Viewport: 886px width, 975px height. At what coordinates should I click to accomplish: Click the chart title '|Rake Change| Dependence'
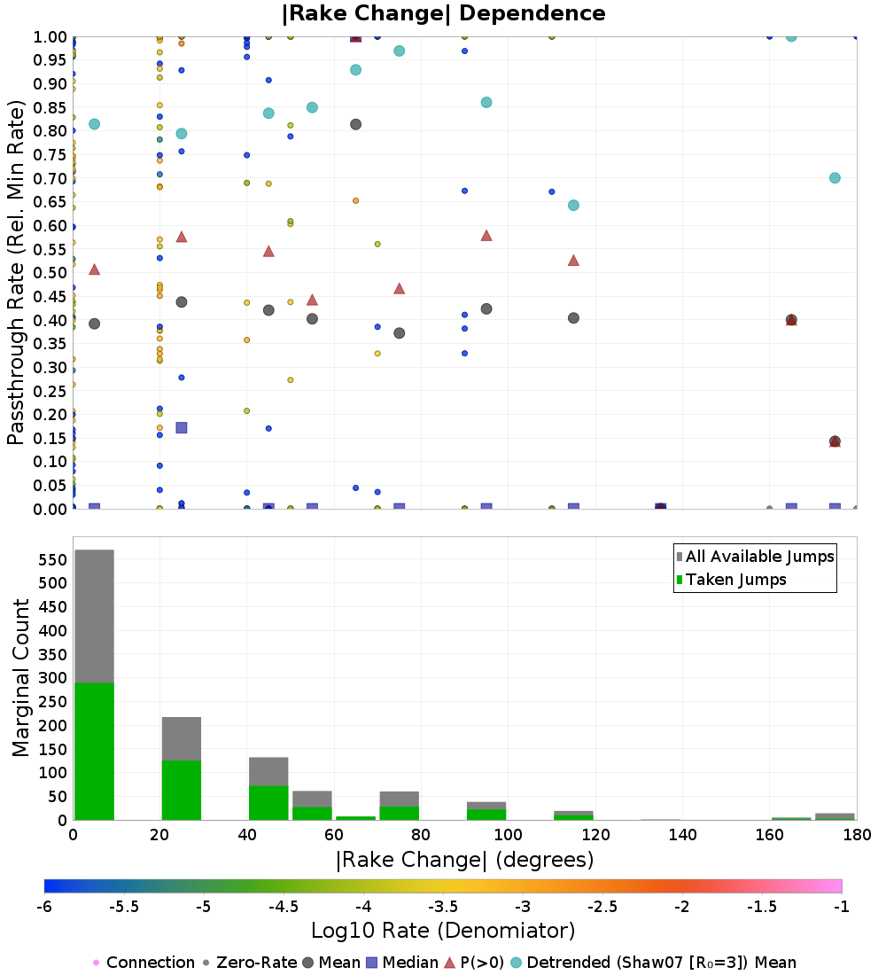tap(443, 13)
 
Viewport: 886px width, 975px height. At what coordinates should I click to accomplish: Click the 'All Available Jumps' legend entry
tap(756, 557)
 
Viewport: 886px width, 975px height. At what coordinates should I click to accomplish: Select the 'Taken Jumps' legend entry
tap(731, 580)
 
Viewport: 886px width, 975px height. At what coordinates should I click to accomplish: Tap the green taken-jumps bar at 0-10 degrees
tap(95, 751)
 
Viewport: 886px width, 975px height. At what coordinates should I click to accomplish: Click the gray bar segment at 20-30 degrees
tap(182, 738)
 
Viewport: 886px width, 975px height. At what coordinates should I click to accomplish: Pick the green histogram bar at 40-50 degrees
tap(268, 803)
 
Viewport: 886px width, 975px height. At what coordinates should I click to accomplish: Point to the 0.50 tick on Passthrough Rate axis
tap(50, 273)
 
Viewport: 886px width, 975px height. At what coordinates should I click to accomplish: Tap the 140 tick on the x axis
tap(683, 834)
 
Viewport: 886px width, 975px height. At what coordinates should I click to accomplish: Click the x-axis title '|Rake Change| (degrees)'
tap(465, 860)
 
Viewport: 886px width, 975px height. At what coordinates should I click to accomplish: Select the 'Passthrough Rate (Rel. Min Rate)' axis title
tap(16, 273)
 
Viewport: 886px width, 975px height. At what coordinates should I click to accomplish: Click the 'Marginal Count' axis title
tap(20, 678)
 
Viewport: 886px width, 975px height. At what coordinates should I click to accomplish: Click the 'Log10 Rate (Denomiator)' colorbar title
tap(443, 930)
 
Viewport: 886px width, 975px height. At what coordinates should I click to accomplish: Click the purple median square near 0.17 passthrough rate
tap(182, 428)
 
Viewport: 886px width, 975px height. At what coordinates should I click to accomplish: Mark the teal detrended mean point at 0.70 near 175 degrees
tap(835, 178)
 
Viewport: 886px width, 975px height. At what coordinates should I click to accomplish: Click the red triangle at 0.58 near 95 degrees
tap(486, 236)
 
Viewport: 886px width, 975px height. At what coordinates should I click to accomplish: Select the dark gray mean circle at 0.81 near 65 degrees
tap(355, 124)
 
